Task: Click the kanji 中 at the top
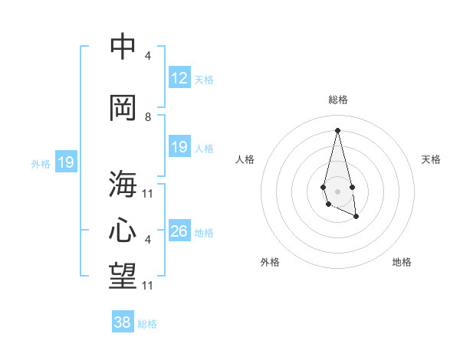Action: (122, 47)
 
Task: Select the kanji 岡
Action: (122, 107)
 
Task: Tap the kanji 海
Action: (122, 183)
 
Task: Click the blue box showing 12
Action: (179, 78)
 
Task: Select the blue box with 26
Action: (179, 231)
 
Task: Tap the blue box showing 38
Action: (123, 322)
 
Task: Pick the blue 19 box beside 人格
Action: (179, 147)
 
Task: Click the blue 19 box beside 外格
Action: (66, 162)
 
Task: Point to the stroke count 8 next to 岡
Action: (148, 117)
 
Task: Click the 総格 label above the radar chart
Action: (338, 100)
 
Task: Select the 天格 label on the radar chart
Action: (431, 159)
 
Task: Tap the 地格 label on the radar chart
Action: (402, 262)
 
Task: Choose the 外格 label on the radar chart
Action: (270, 262)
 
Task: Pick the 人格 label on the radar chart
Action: (245, 159)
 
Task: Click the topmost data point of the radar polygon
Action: (337, 129)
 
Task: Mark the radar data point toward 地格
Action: (356, 217)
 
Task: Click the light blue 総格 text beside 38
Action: (147, 324)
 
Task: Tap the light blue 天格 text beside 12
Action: (204, 79)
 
